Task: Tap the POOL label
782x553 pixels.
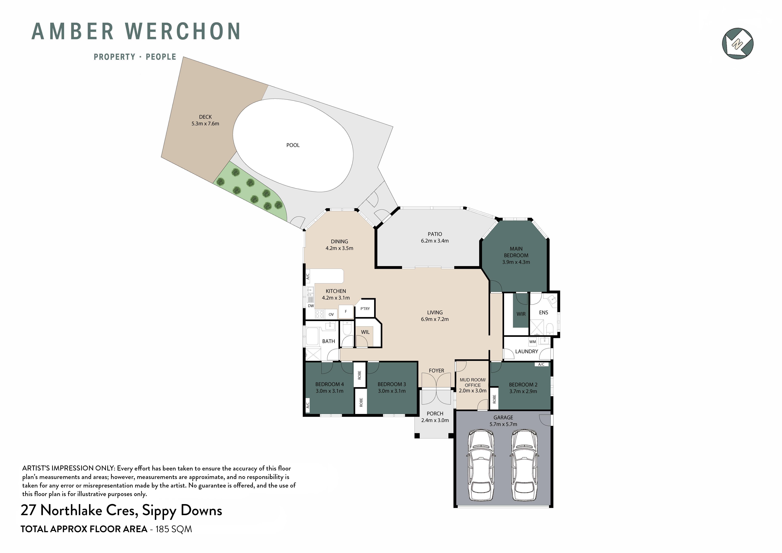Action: pos(293,145)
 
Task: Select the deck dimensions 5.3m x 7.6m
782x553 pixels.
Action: pos(205,124)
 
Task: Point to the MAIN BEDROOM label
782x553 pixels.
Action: pos(516,252)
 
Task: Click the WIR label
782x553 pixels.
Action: pos(521,314)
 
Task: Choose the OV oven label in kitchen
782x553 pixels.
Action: pos(331,314)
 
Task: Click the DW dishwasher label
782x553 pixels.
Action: pos(311,306)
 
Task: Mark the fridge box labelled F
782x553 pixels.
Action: pos(346,312)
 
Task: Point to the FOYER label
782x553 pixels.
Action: pos(436,371)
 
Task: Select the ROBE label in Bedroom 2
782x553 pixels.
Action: pos(494,399)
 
